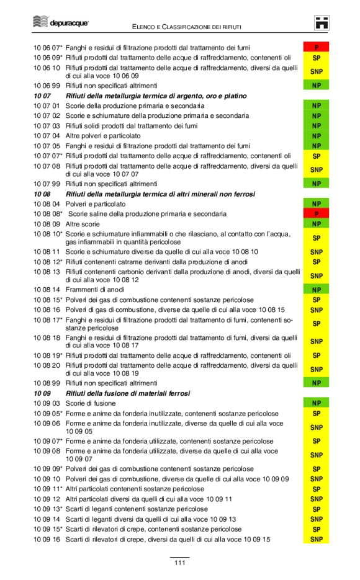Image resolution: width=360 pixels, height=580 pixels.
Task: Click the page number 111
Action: (x=179, y=563)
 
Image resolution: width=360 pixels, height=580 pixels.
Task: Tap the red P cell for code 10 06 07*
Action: (x=316, y=47)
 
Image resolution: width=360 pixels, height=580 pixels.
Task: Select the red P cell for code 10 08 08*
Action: (x=316, y=213)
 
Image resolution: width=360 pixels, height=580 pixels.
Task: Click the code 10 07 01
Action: (x=47, y=106)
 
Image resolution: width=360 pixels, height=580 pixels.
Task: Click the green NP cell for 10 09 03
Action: (x=316, y=403)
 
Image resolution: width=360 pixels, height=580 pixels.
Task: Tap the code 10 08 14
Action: (x=47, y=289)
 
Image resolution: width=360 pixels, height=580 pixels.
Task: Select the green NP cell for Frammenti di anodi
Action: (x=316, y=289)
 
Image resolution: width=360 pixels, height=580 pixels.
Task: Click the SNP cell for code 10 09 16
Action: (x=316, y=539)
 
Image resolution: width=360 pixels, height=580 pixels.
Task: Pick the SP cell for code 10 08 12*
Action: (x=316, y=262)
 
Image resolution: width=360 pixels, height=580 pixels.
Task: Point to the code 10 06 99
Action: (x=47, y=85)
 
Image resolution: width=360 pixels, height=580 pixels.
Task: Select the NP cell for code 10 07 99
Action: (x=316, y=184)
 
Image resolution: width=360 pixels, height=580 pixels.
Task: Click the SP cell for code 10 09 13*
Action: (x=316, y=509)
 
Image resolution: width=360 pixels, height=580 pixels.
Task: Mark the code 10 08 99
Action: (x=47, y=383)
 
